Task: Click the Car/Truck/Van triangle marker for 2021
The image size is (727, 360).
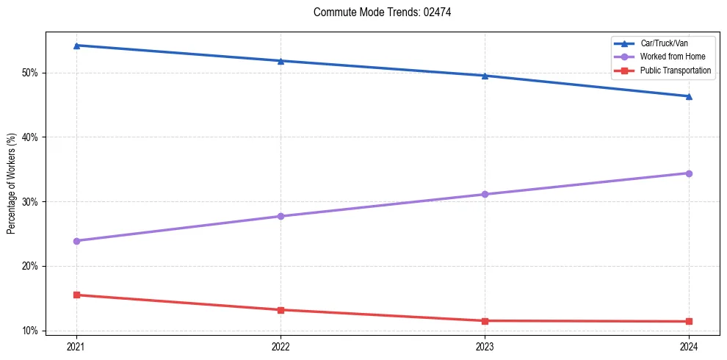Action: pos(76,46)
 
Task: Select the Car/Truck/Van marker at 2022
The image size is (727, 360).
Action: pos(281,61)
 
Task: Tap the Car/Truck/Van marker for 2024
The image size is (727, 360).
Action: pos(689,96)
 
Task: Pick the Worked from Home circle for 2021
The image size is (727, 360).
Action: pos(76,241)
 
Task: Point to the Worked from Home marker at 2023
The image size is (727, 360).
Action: pos(485,195)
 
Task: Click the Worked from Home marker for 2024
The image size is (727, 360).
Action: pos(689,173)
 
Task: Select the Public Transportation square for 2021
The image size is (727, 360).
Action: pos(76,295)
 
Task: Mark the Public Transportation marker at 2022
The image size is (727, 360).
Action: pos(281,310)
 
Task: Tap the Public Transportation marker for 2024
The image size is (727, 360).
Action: pos(689,321)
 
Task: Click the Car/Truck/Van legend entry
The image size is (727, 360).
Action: pos(664,43)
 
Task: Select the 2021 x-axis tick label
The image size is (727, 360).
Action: pos(76,345)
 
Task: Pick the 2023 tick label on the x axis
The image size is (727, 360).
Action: pos(485,345)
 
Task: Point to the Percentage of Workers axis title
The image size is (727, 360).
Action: pos(12,184)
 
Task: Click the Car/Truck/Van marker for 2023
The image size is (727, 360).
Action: pos(485,76)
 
